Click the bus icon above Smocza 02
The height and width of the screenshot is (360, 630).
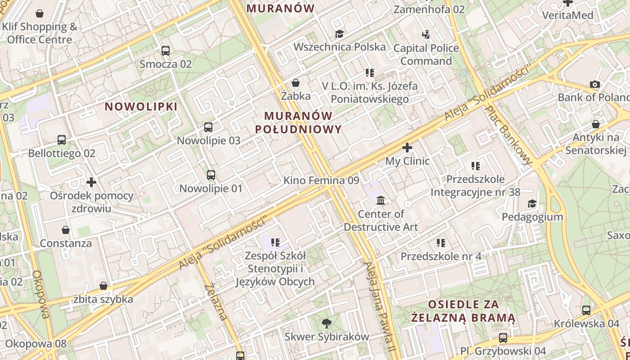coord(165,51)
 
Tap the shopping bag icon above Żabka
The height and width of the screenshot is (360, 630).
coord(296,83)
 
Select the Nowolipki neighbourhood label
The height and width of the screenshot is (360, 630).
coord(141,107)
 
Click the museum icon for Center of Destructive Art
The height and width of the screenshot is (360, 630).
coord(381,200)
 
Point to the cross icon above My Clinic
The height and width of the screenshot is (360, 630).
coord(407,148)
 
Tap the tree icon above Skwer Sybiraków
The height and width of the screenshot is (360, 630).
coord(326,323)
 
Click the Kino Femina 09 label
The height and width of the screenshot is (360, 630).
coord(321,180)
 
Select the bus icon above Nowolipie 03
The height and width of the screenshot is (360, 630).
coord(208,127)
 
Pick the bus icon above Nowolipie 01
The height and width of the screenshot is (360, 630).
coord(211,175)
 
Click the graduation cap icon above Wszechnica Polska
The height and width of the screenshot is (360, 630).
coord(339,34)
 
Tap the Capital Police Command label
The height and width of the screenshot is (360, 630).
coord(426,54)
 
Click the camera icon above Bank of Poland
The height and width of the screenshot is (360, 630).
coord(595,84)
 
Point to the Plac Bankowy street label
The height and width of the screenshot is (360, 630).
coord(510,135)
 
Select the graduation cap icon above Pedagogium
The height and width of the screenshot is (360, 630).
coord(532,204)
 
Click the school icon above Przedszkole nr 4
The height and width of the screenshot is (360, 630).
coord(441,243)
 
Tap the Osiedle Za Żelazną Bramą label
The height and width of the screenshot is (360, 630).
coord(463,311)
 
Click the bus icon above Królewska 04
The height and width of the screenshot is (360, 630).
coord(586,310)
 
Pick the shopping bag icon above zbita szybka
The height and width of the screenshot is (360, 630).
coord(103,286)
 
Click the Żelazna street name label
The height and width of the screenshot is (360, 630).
coord(216,302)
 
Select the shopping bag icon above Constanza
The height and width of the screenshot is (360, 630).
coord(66,230)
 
